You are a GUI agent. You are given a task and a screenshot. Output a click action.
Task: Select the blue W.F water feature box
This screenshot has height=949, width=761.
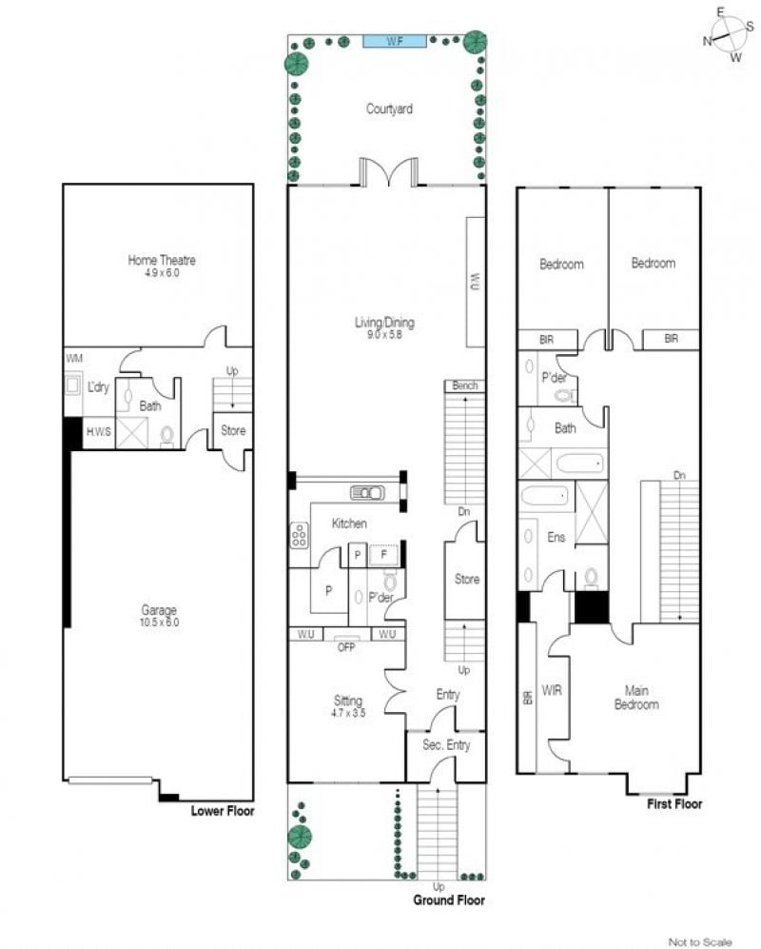coord(395,41)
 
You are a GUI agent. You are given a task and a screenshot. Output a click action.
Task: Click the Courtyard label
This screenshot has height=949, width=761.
coord(390,109)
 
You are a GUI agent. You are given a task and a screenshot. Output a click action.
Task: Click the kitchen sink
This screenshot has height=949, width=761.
coord(368,493)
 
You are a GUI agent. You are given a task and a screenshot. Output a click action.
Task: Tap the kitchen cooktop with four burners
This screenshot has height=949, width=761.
coord(299,535)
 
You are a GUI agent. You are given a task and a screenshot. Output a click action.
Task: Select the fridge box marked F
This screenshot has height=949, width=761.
coord(383,554)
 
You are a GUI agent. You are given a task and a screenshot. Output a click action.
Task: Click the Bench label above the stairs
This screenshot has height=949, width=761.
coord(464,386)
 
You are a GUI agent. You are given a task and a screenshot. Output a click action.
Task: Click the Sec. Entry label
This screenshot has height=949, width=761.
coord(446,745)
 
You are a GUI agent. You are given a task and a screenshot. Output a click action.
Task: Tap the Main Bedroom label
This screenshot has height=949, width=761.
coord(636,697)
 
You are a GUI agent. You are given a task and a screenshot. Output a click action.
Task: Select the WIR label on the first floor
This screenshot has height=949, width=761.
coord(552,690)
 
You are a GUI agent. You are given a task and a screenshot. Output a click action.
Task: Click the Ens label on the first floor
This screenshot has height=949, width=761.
coord(556,537)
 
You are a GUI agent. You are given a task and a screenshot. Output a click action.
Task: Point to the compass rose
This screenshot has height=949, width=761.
coord(728,35)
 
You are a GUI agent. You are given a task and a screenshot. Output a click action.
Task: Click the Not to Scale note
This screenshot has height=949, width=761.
coord(700,941)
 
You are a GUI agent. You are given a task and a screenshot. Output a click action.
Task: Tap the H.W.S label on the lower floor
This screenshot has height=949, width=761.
coord(99,431)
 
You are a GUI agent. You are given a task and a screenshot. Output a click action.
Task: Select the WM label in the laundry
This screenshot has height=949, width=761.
coord(74,358)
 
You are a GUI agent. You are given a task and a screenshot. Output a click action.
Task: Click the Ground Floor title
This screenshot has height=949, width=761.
coord(449,900)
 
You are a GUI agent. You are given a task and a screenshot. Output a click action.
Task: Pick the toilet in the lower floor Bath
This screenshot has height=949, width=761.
coord(167,436)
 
